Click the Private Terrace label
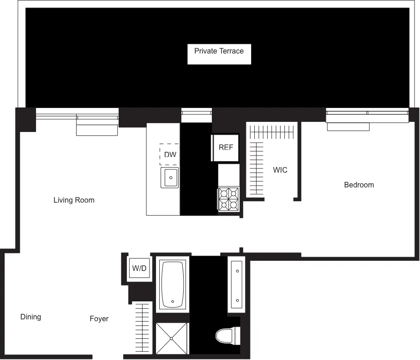tap(219, 51)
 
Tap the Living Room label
tap(74, 200)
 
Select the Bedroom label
tap(359, 185)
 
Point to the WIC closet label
tap(280, 170)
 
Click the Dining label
tap(30, 317)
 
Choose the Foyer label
tap(99, 319)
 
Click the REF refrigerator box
tap(226, 148)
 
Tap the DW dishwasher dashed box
tap(169, 155)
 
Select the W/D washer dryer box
tap(139, 268)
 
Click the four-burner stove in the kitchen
tap(229, 199)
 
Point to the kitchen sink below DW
tap(169, 178)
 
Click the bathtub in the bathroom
tap(173, 283)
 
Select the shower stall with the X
tap(172, 338)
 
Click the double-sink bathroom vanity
tap(236, 283)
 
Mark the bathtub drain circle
tap(173, 301)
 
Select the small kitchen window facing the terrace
tap(196, 112)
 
